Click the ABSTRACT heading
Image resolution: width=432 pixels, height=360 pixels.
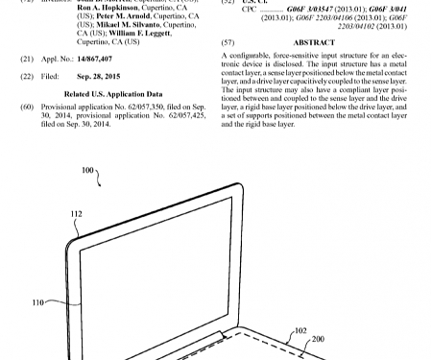click(310, 43)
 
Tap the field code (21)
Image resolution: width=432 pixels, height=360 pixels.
click(27, 59)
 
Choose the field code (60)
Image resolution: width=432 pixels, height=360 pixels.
click(27, 108)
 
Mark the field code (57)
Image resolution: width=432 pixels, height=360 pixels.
click(228, 43)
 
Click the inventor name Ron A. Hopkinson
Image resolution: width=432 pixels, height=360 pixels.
click(106, 11)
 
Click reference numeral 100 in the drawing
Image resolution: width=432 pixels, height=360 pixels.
click(88, 169)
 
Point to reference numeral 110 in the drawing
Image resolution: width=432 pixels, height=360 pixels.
click(38, 301)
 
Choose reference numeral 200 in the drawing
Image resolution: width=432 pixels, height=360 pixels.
click(319, 339)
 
